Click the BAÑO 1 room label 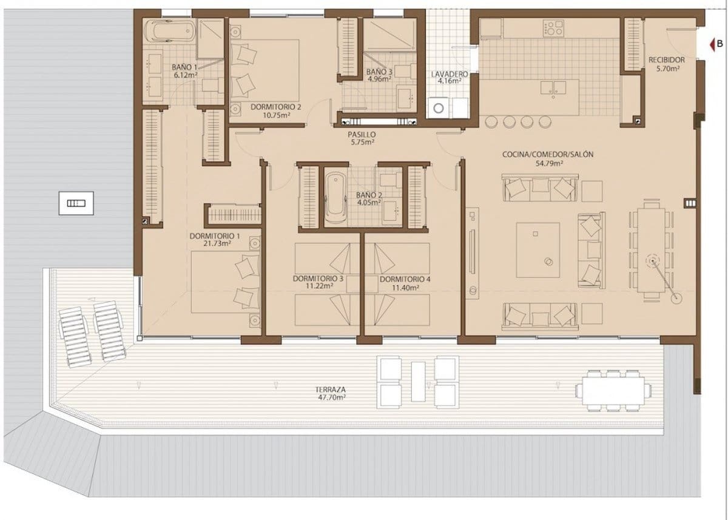click(x=184, y=67)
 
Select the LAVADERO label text click(x=449, y=74)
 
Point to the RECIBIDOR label click(x=666, y=60)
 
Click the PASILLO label click(x=362, y=134)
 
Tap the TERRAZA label click(x=330, y=390)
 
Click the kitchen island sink click(x=554, y=87)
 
